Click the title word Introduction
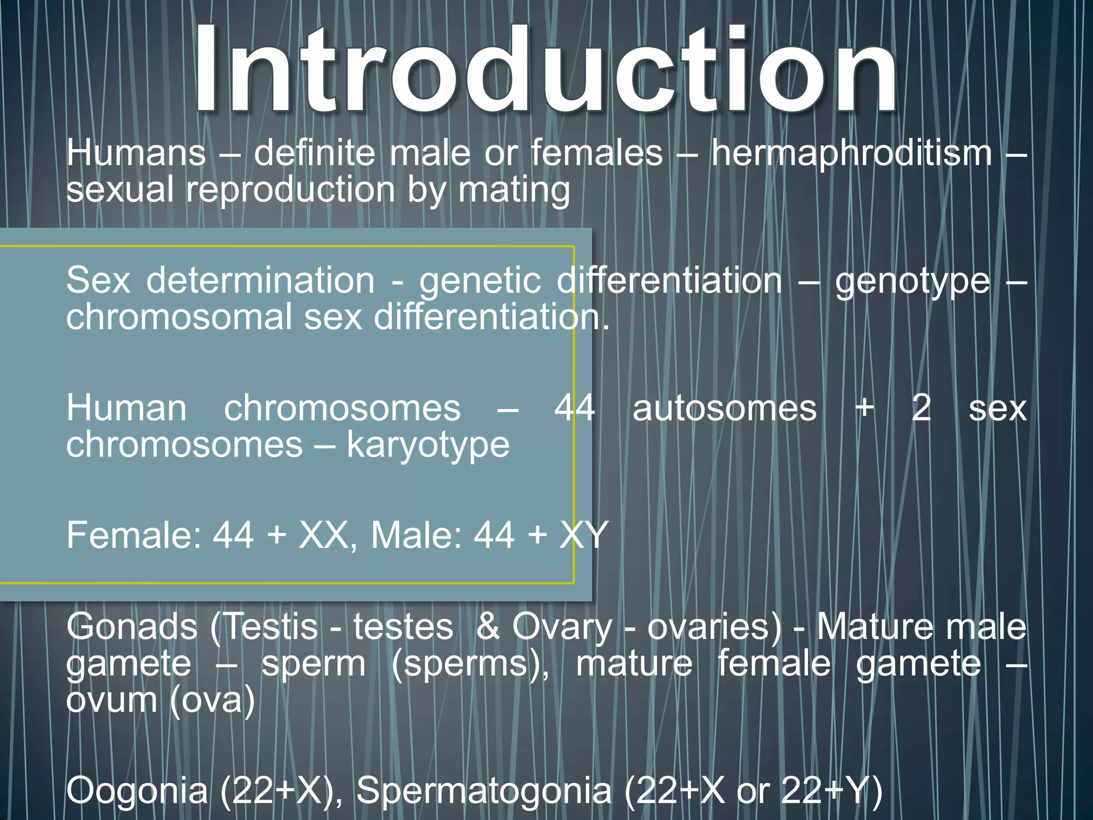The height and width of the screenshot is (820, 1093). pyautogui.click(x=544, y=69)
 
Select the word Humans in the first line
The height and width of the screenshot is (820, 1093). pyautogui.click(x=136, y=153)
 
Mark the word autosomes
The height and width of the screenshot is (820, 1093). pyautogui.click(x=724, y=408)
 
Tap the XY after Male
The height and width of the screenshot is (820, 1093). pyautogui.click(x=584, y=535)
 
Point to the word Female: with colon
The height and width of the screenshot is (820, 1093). pyautogui.click(x=134, y=535)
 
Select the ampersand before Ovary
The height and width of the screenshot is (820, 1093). pyautogui.click(x=488, y=627)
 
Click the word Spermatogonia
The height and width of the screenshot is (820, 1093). pyautogui.click(x=484, y=791)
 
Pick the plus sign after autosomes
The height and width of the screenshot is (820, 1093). pyautogui.click(x=865, y=408)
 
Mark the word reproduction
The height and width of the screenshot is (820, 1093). pyautogui.click(x=290, y=191)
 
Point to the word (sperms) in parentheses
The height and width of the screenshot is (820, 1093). pyautogui.click(x=470, y=664)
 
